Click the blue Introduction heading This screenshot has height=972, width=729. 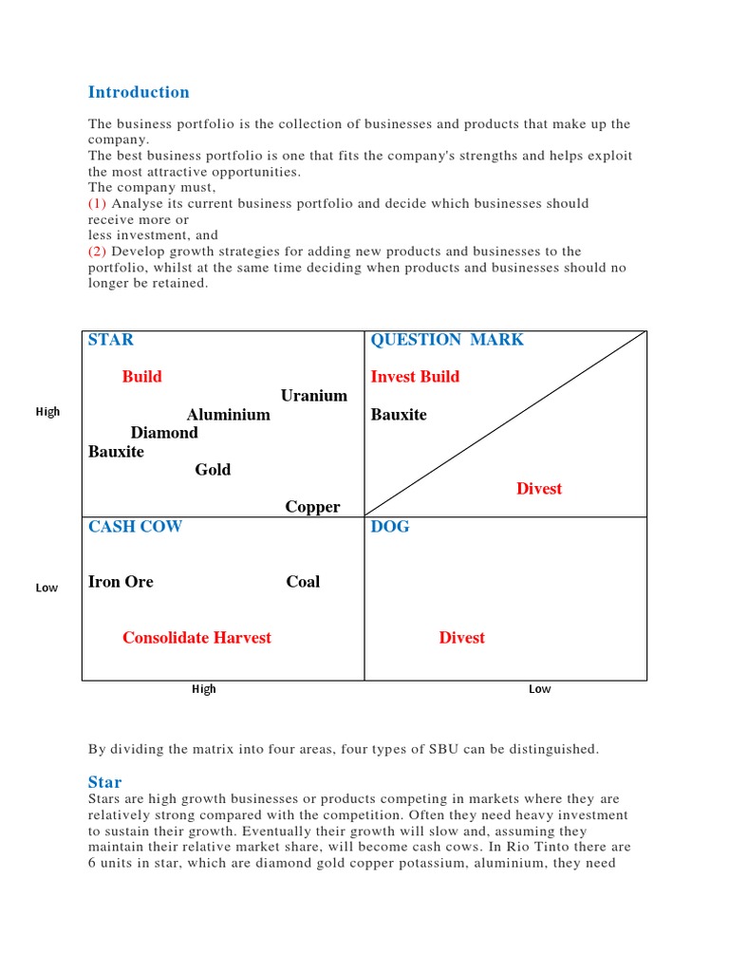point(139,92)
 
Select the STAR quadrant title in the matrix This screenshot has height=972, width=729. point(111,340)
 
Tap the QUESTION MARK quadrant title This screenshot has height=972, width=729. point(447,340)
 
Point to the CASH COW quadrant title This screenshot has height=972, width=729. point(135,526)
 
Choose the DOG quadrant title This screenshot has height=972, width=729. point(390,526)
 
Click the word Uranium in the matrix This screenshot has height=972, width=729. point(314,396)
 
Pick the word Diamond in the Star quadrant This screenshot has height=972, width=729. point(164,433)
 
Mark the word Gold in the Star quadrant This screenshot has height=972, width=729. point(213,470)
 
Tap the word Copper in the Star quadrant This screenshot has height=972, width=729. point(312,507)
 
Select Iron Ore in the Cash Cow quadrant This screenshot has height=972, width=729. point(121,582)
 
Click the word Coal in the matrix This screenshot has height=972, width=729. point(303,582)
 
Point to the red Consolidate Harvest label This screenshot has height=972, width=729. point(196,638)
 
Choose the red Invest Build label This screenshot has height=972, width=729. point(415,377)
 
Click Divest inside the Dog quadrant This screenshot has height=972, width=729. point(461,638)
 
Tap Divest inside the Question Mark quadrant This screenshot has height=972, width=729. point(539,489)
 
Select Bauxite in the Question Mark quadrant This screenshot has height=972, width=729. point(399,415)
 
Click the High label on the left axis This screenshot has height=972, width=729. point(47,412)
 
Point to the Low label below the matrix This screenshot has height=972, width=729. point(539,689)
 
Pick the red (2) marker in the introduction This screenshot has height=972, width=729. point(98,252)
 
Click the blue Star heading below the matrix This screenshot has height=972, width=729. point(105,782)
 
